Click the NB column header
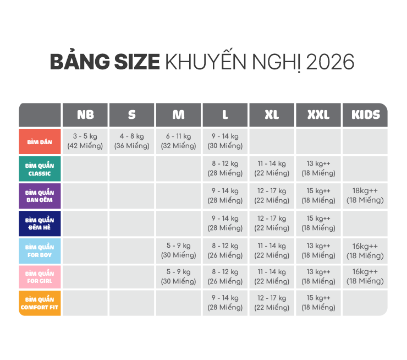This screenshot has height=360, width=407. click(x=85, y=115)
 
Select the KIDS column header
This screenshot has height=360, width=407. click(x=365, y=115)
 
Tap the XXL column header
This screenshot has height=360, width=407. click(x=318, y=115)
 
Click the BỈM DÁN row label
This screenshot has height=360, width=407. click(x=40, y=141)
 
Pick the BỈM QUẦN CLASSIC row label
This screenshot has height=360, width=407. click(x=40, y=169)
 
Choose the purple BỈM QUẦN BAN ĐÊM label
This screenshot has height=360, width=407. click(x=40, y=196)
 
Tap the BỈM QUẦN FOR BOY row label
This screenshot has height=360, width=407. click(x=40, y=251)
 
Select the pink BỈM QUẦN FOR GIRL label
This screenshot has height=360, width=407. click(x=40, y=277)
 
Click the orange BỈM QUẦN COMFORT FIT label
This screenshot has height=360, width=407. click(x=40, y=303)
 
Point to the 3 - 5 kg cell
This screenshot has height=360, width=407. click(x=85, y=141)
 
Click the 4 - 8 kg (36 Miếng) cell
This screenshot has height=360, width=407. click(x=131, y=141)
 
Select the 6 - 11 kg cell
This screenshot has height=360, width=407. click(x=178, y=141)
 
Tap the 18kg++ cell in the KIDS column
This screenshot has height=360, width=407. click(x=365, y=195)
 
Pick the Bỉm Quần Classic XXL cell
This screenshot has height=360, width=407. click(x=318, y=168)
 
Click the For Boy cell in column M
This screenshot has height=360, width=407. click(x=178, y=250)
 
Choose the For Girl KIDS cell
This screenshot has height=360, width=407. click(x=365, y=276)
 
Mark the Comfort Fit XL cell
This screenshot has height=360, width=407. click(x=272, y=303)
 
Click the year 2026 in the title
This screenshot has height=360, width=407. click(x=330, y=62)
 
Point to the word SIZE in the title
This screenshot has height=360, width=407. click(x=137, y=62)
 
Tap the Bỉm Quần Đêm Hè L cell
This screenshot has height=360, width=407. click(x=225, y=223)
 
